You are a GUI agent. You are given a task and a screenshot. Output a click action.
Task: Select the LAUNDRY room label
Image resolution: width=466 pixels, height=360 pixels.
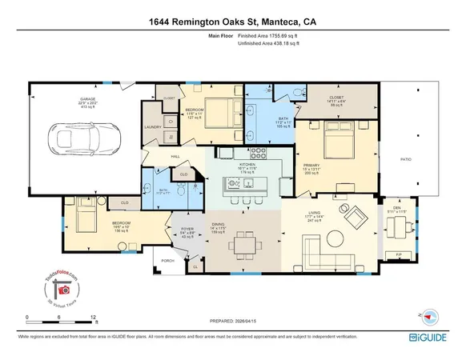click(x=151, y=126)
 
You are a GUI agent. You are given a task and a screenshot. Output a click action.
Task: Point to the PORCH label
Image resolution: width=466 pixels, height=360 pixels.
click(x=167, y=261)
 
